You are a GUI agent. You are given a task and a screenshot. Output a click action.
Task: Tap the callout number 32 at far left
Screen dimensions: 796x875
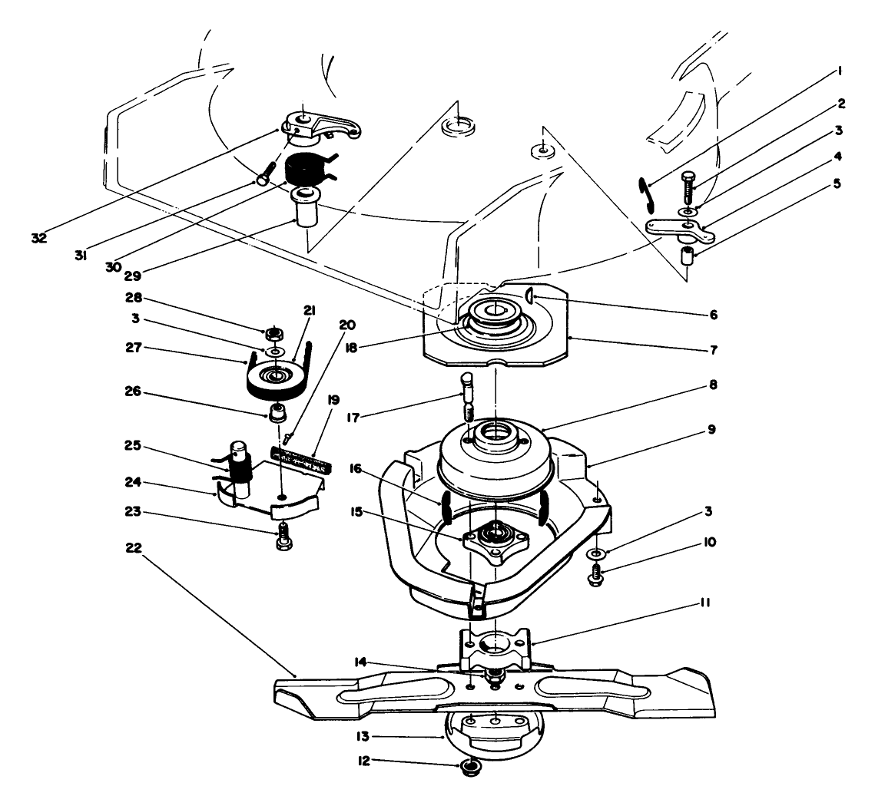tap(39, 238)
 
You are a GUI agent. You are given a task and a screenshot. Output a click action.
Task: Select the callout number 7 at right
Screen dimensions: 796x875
tap(713, 349)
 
